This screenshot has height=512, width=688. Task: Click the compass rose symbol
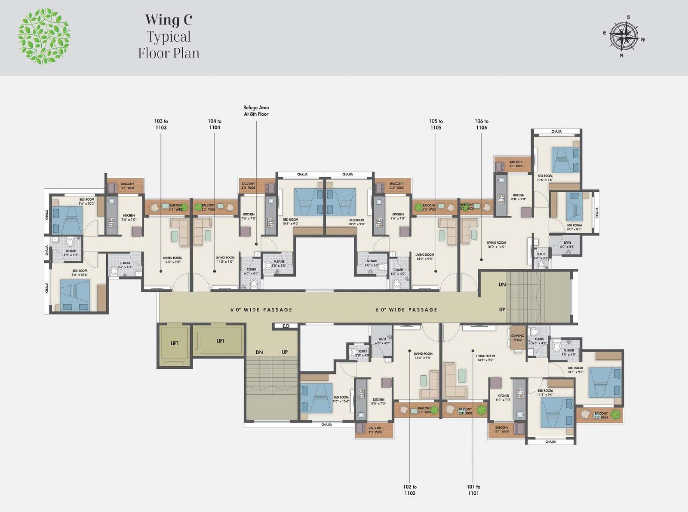624,36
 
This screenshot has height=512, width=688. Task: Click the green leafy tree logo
44,36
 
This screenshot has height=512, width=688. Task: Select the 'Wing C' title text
169,20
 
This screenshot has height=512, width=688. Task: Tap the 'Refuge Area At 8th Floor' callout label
256,111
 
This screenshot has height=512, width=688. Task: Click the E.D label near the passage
286,326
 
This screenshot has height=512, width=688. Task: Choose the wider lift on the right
220,340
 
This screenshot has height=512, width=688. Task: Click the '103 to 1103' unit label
161,124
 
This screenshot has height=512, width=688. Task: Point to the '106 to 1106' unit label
481,124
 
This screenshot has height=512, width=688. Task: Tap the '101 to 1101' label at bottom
473,490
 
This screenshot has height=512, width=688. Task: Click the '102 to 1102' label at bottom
410,490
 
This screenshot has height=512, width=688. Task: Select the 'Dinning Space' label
517,338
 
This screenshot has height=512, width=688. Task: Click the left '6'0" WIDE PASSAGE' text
261,310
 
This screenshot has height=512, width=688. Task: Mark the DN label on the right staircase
502,285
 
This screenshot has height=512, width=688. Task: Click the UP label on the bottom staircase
285,352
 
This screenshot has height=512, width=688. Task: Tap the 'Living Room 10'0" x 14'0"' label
496,245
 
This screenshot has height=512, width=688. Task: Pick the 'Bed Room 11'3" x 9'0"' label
545,392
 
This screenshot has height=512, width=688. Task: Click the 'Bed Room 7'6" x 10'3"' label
86,201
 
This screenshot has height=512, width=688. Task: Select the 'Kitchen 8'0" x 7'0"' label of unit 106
519,197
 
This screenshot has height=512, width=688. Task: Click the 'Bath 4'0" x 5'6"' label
567,245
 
